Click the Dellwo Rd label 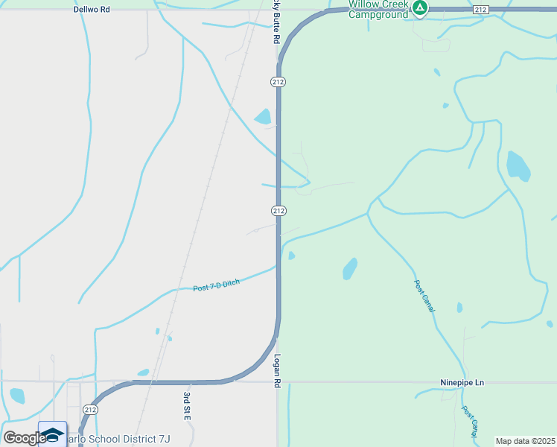point(92,10)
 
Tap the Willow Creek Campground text point(379,9)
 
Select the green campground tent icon point(421,8)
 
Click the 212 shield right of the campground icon point(480,9)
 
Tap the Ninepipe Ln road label point(461,383)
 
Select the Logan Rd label point(276,370)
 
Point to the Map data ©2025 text point(525,441)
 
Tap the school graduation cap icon point(52,434)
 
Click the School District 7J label point(119,439)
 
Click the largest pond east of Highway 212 point(518,166)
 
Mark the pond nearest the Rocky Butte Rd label point(263,116)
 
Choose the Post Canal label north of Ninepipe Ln point(424,296)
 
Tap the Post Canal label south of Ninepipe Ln point(469,422)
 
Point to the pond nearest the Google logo point(16,395)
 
